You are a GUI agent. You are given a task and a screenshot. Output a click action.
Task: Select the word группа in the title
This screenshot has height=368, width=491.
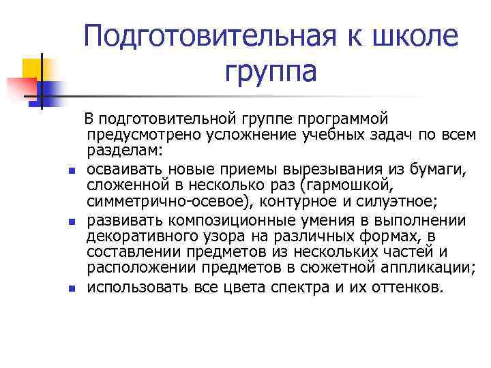[x=269, y=72]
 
